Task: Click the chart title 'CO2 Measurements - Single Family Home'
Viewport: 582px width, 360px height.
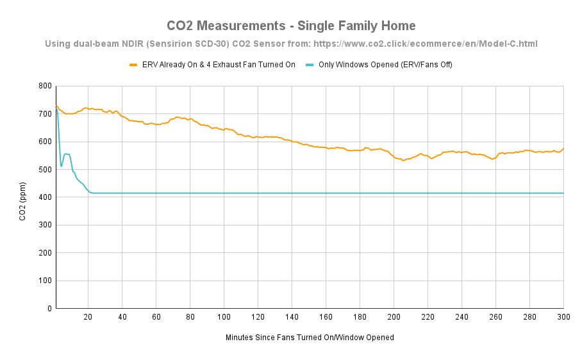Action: click(x=291, y=26)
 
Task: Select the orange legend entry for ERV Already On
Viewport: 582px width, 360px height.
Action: click(x=212, y=65)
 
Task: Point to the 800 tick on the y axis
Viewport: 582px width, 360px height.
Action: click(x=45, y=86)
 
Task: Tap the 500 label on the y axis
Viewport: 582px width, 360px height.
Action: click(x=45, y=170)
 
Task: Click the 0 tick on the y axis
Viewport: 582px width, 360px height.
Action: click(x=49, y=309)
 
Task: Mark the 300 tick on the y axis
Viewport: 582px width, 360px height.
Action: click(x=45, y=225)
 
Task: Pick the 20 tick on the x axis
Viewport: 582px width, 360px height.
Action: click(x=88, y=317)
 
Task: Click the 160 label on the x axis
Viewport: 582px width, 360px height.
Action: click(x=326, y=317)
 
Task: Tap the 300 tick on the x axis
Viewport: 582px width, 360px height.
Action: click(x=563, y=317)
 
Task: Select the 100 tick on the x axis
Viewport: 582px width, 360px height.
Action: click(x=224, y=317)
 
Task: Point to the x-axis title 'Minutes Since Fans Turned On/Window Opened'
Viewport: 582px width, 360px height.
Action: click(x=310, y=337)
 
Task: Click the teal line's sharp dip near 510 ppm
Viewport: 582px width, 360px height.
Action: click(x=62, y=167)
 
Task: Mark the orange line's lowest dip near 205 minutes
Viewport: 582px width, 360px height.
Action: click(x=403, y=160)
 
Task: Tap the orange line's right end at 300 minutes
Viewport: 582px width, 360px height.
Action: click(x=563, y=149)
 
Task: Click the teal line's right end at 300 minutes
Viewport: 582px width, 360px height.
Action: click(x=563, y=193)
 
